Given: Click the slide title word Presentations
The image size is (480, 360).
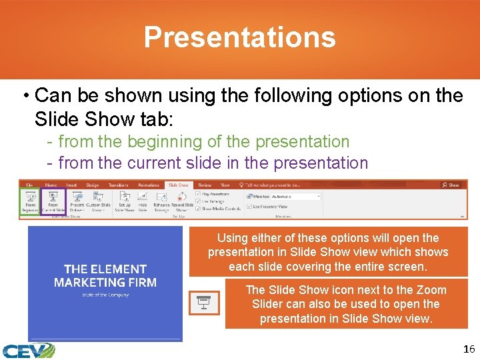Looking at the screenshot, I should point(239,37).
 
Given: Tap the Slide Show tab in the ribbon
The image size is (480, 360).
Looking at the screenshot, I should point(178,185).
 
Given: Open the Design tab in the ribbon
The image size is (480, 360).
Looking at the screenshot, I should point(92,185).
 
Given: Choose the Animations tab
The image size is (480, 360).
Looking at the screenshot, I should point(148,185).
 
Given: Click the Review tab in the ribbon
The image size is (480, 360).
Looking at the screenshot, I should point(205,185).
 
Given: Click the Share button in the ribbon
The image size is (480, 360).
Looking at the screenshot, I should point(451,185).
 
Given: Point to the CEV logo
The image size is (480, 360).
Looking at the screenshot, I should point(27,350).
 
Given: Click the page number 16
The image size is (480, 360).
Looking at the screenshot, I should point(469,349).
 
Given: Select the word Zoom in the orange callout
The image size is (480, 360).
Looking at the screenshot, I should point(431,290).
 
